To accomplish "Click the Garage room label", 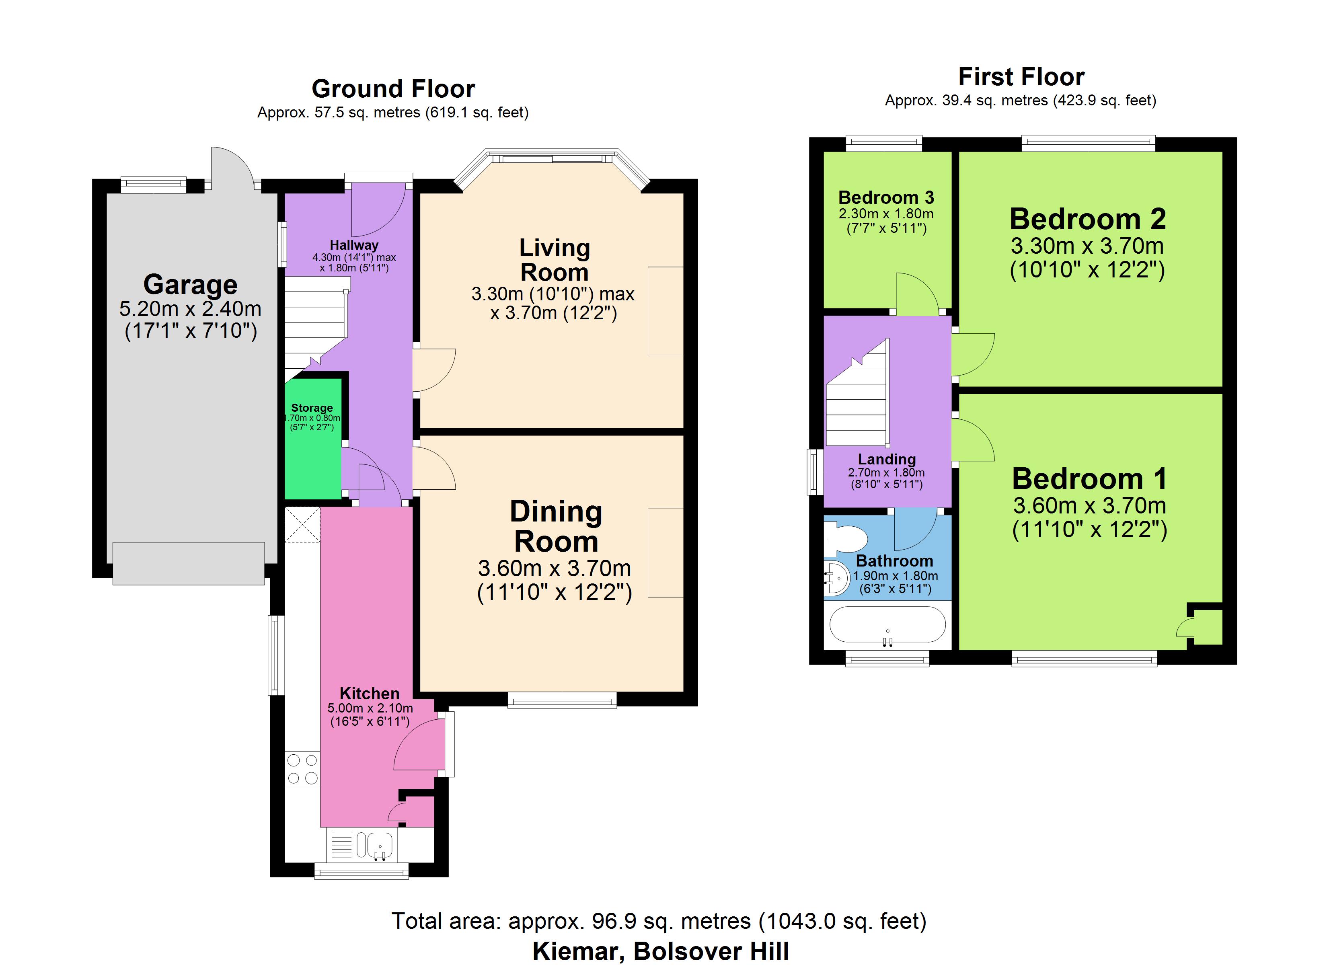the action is (190, 285).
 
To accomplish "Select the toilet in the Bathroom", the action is (846, 537).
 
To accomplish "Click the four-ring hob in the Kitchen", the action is (302, 769).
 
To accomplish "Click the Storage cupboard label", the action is (312, 408).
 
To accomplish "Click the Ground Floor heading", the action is (393, 89).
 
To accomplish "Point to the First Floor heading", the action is (1021, 77).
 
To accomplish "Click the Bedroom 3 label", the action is (886, 197).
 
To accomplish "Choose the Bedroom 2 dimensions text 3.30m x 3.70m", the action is (1087, 246).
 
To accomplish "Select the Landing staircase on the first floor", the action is (857, 393).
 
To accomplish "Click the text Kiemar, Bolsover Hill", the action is (661, 951).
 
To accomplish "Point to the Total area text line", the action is (659, 921).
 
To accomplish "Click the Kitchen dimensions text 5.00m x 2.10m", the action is (370, 708).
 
